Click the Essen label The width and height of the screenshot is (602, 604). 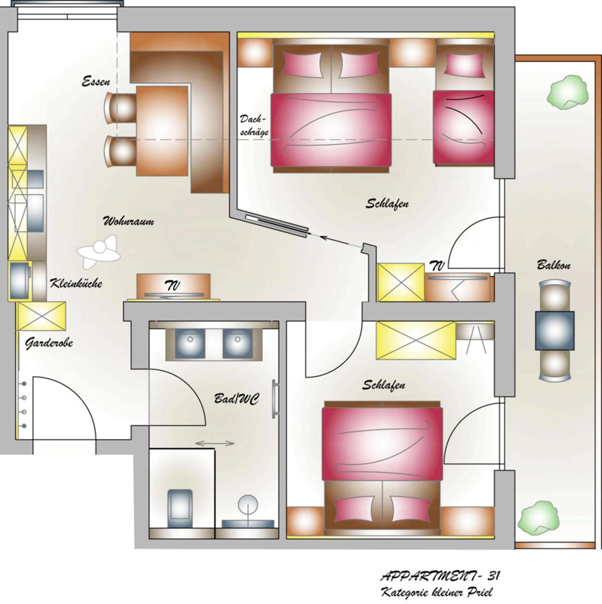(96, 82)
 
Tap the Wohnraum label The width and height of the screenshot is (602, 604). (129, 221)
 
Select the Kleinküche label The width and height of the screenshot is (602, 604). (76, 283)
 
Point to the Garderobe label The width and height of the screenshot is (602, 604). (49, 343)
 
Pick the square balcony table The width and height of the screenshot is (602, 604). (555, 330)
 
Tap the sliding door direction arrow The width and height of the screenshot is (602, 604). (326, 238)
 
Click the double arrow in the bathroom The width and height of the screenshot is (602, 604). (215, 444)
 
